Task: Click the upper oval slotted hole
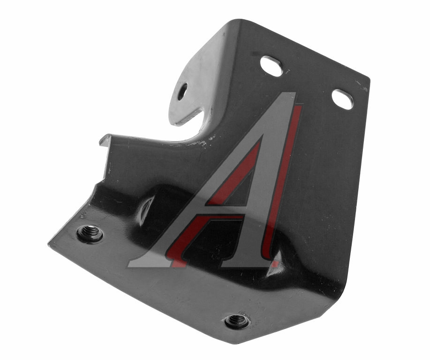pyautogui.click(x=271, y=66)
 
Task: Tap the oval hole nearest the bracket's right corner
pyautogui.click(x=342, y=99)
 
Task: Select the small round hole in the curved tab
pyautogui.click(x=182, y=91)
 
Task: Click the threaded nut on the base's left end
pyautogui.click(x=90, y=233)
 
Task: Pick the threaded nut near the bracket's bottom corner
pyautogui.click(x=237, y=322)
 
